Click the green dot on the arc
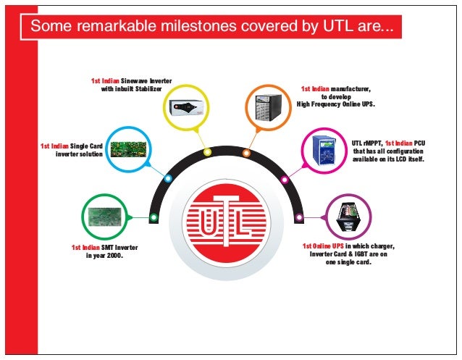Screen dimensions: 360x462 [x=154, y=217]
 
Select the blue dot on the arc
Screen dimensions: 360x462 [x=168, y=178]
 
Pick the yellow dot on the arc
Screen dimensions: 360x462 [x=207, y=152]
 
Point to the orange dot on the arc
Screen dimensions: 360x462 [x=246, y=153]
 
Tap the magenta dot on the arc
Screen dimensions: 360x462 [x=285, y=179]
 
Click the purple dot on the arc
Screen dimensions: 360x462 [x=298, y=217]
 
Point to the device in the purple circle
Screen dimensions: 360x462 [x=346, y=217]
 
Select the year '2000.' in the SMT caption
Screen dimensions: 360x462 [x=110, y=256]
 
